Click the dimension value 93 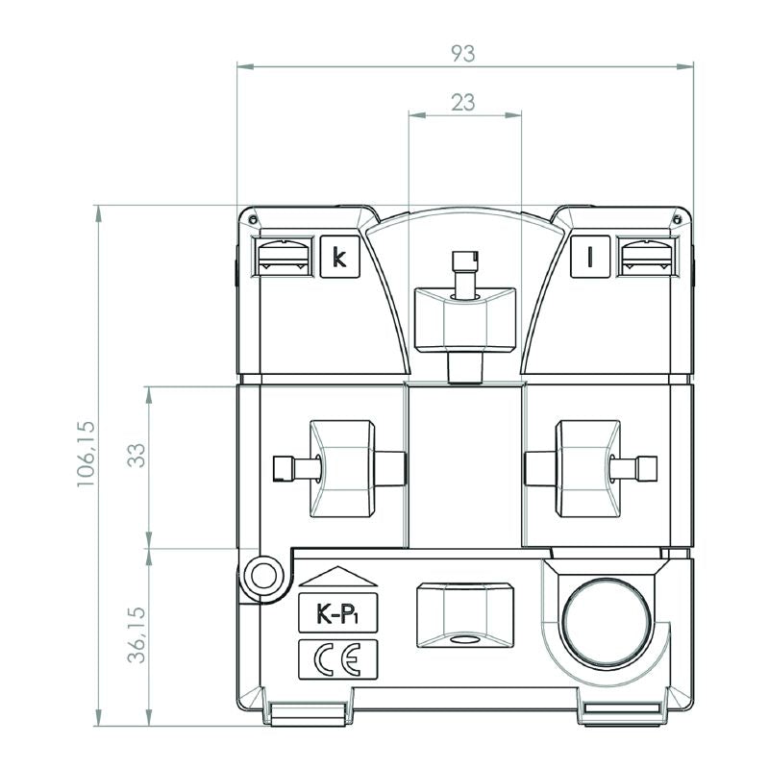click(x=463, y=54)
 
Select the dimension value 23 click(x=463, y=103)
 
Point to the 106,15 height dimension click(x=87, y=454)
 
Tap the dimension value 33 click(x=136, y=455)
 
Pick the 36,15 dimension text click(x=136, y=635)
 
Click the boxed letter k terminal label click(x=340, y=257)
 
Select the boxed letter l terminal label click(x=590, y=257)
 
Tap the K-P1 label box click(x=338, y=613)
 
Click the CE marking click(x=338, y=659)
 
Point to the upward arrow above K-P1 click(x=338, y=577)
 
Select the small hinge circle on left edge click(x=263, y=575)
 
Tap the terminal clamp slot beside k click(x=283, y=257)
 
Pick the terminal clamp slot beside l click(x=648, y=257)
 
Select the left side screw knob click(x=340, y=468)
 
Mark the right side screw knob click(x=590, y=468)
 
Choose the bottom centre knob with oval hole click(x=465, y=615)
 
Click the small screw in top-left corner click(x=253, y=219)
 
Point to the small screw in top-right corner click(x=678, y=219)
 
